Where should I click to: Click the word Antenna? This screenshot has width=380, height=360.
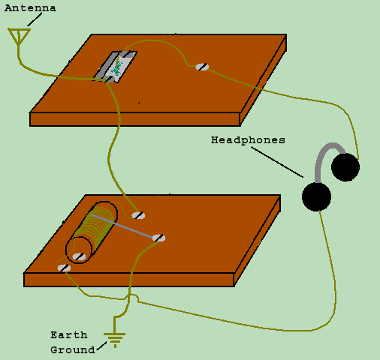[x=30, y=8]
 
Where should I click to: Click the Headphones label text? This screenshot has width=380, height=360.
[x=248, y=140]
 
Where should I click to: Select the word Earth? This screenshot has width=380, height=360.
[x=69, y=335]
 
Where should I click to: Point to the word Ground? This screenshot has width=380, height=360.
[x=73, y=349]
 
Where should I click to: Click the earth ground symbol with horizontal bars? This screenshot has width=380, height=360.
[x=115, y=340]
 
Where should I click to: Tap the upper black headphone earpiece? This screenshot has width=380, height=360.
[x=345, y=167]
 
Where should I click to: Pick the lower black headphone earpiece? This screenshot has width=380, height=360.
[x=316, y=196]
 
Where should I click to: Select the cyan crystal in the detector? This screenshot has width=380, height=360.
[x=116, y=68]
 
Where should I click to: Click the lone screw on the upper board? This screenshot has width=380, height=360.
[x=202, y=67]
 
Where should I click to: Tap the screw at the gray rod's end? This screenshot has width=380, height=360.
[x=158, y=238]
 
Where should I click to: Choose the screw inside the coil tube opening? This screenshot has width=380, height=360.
[x=79, y=256]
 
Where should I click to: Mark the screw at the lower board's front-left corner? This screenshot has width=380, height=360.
[x=64, y=268]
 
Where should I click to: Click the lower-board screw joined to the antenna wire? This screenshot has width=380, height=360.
[x=138, y=215]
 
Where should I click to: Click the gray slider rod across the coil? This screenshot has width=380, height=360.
[x=122, y=226]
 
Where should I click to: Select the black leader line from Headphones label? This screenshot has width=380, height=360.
[x=277, y=162]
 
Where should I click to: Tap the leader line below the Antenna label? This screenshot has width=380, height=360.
[x=35, y=19]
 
